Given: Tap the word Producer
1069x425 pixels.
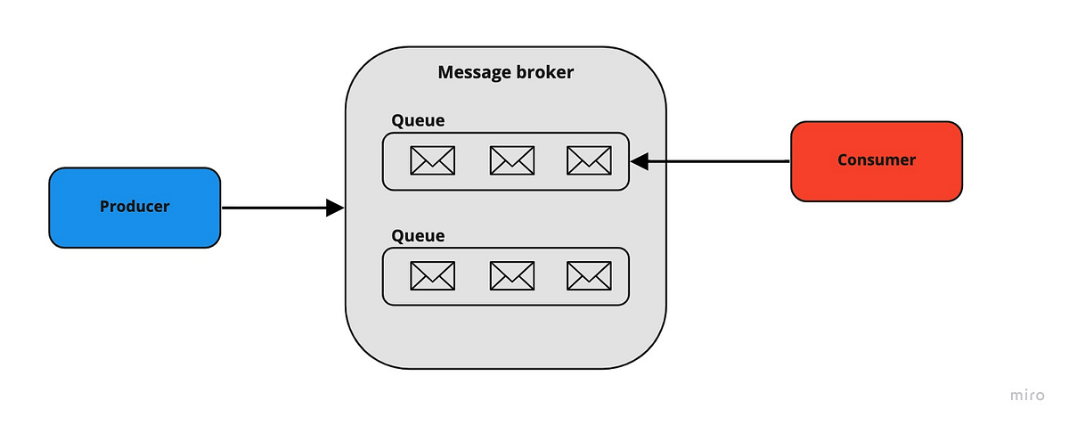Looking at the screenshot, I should point(135,207).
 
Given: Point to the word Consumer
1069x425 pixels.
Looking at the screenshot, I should point(877,160).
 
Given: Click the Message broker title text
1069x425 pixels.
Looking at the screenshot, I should point(506,72).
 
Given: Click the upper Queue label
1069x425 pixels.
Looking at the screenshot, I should point(418,120).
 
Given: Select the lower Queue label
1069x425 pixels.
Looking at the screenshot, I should point(418,236).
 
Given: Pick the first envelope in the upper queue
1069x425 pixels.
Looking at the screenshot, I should point(432,160).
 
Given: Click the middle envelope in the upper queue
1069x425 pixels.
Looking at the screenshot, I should point(512,160).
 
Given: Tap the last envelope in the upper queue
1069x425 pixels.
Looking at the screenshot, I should point(589,160).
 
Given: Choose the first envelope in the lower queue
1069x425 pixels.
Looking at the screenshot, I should point(432,276).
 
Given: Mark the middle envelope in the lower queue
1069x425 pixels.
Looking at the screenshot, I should point(512,276).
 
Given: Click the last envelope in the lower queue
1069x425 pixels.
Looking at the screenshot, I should point(589,276).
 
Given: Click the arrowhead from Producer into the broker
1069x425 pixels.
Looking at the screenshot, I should point(335,208).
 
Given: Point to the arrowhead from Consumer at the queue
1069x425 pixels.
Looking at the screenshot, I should point(639,161).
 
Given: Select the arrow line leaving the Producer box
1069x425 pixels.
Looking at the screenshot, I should point(272,208).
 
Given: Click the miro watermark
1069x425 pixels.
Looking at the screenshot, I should point(1027,396).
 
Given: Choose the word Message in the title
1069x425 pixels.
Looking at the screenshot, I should point(472,72).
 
